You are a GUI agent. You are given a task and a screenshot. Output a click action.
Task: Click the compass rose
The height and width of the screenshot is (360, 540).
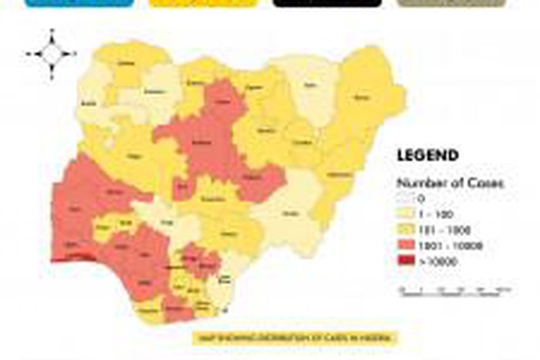point(51,54)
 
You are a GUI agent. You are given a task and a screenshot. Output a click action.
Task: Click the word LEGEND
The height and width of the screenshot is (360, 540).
point(427,156)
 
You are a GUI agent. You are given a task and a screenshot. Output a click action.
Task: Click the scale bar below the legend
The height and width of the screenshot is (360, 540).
point(455,290)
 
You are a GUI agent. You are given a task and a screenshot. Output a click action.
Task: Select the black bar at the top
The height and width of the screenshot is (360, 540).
point(327,3)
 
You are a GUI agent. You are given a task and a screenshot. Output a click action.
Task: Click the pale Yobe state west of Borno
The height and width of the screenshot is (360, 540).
point(311,89)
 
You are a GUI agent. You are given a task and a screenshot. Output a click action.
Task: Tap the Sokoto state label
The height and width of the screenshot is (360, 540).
point(130,65)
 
